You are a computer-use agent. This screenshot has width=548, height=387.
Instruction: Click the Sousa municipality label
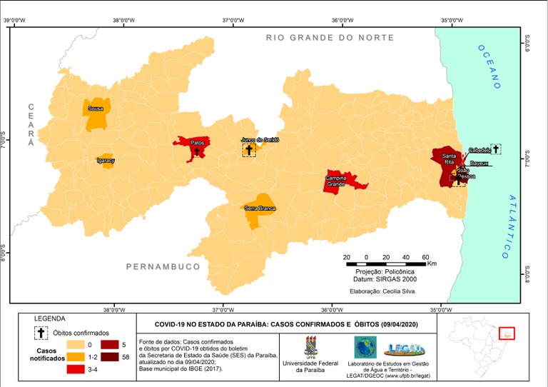[x=95, y=109]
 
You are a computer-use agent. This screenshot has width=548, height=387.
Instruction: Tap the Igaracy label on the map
[x=106, y=161]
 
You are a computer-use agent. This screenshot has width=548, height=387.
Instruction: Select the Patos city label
[x=198, y=143]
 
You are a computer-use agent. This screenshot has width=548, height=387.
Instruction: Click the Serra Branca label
[x=260, y=208]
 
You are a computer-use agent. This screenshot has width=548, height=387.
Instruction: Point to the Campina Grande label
[x=335, y=181]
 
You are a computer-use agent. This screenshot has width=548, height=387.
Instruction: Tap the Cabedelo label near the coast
[x=479, y=150]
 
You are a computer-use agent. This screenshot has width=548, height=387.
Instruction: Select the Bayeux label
[x=479, y=164]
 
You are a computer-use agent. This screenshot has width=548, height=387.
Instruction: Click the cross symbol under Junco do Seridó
[x=249, y=150]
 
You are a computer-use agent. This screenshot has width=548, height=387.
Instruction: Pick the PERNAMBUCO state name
[x=163, y=266]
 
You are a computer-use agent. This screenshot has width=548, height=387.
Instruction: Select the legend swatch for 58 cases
[x=98, y=356]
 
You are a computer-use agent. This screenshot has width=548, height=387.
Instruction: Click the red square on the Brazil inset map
[x=507, y=333]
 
